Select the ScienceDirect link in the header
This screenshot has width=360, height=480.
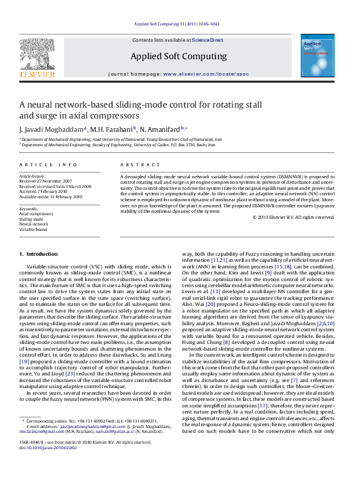[x=208, y=40]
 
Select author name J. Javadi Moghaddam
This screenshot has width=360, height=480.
[x=53, y=130]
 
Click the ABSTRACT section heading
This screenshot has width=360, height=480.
[x=134, y=164]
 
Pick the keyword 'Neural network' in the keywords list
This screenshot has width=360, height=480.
[x=32, y=224]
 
